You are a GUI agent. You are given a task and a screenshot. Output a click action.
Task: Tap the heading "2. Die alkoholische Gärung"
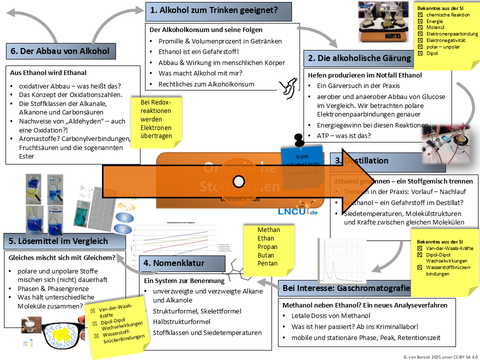tap(359, 58)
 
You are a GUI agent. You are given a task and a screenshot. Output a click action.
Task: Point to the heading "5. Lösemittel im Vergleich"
tap(63, 241)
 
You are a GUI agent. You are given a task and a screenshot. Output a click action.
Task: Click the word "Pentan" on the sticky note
tap(267, 263)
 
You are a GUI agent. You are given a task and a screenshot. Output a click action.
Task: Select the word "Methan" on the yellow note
tap(268, 229)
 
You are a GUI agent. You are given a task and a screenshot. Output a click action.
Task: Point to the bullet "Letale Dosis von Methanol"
tap(330, 315)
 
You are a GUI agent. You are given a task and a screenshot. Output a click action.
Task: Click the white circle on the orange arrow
tap(239, 181)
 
